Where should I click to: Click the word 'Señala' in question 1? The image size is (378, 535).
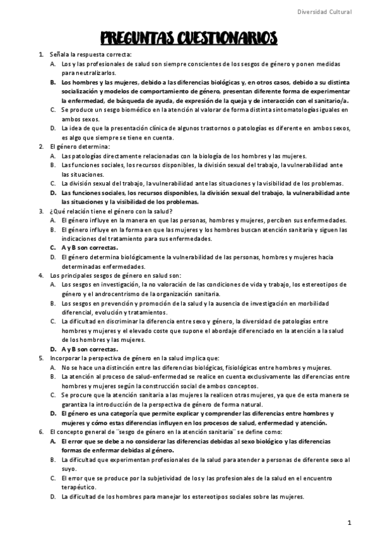[59, 55]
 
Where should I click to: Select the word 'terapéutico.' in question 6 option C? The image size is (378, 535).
[79, 487]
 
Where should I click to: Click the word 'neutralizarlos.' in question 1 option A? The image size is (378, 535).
[81, 73]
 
